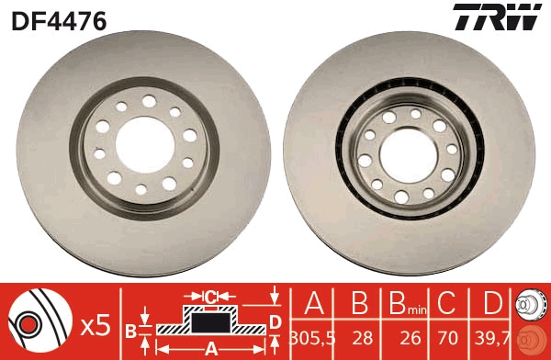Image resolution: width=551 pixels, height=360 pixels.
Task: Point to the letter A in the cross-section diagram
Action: click(x=209, y=349)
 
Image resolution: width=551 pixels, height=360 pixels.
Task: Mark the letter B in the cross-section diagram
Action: click(x=130, y=330)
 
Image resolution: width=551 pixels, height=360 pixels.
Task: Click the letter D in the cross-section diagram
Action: click(x=275, y=321)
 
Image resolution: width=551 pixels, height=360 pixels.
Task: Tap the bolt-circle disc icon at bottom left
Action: click(x=37, y=322)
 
